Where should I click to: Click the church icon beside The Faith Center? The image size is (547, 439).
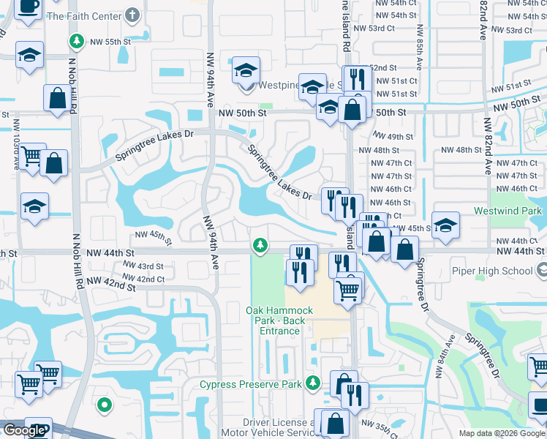pyautogui.click(x=132, y=15)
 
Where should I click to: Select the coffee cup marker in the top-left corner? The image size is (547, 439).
pyautogui.click(x=29, y=7)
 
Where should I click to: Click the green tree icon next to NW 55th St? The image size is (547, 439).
pyautogui.click(x=75, y=40)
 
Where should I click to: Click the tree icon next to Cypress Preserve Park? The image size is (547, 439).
pyautogui.click(x=313, y=382)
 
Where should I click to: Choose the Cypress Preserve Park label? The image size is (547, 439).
pyautogui.click(x=251, y=384)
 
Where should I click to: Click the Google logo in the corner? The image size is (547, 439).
pyautogui.click(x=23, y=430)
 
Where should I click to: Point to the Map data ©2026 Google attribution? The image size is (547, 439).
pyautogui.click(x=502, y=433)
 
